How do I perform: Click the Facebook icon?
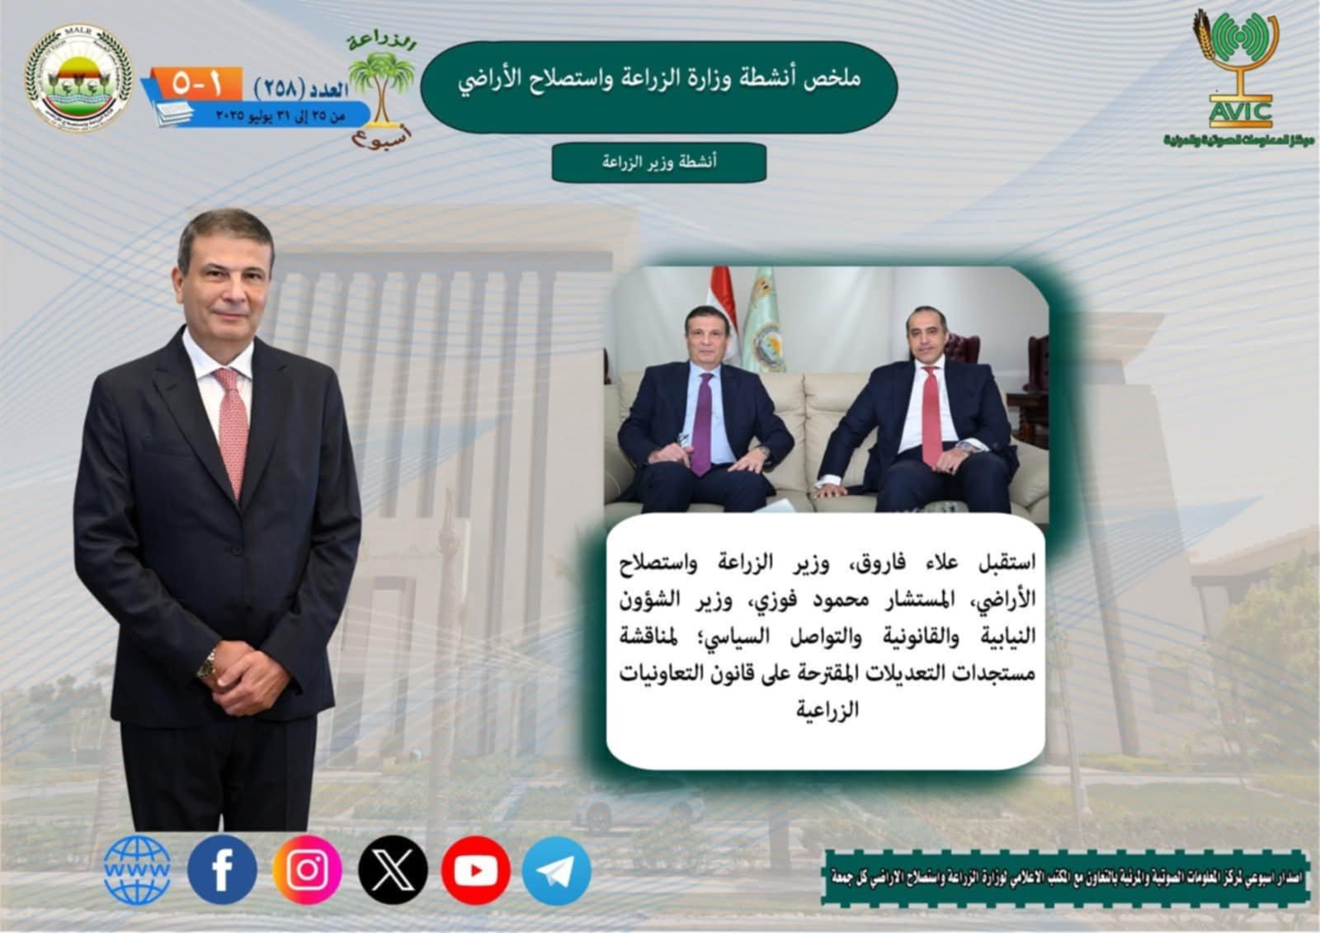tap(222, 869)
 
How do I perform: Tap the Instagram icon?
tap(308, 869)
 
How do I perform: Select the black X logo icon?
tap(393, 869)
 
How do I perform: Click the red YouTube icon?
tap(476, 869)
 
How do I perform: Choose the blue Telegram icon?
tap(556, 871)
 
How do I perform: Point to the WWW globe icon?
tap(138, 869)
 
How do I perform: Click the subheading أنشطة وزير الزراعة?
tap(659, 162)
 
